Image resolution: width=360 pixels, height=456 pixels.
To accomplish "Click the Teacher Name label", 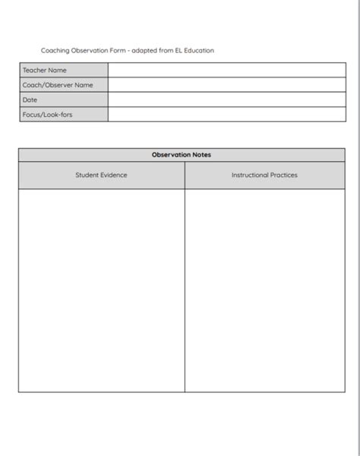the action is (x=45, y=71).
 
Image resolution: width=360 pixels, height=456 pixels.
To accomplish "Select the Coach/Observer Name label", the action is (x=58, y=85).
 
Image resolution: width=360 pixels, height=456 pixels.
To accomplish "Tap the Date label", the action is (x=30, y=100).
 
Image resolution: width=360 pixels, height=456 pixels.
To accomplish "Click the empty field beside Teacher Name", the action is (x=226, y=71).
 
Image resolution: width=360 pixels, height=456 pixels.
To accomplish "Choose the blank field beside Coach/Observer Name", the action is (x=226, y=85).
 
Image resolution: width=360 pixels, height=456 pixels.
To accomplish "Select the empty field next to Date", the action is (x=226, y=100).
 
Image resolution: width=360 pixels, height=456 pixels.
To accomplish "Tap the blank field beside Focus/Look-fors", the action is (x=226, y=115).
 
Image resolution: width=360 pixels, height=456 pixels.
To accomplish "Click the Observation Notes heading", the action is (x=182, y=155).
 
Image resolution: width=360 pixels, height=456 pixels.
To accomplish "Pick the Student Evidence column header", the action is (x=101, y=176).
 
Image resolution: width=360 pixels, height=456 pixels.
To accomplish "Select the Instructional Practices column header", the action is (x=264, y=176).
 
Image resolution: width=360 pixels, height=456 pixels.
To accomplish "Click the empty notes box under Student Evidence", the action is (x=101, y=290).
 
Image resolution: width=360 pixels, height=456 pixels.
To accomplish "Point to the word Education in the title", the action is (x=199, y=51).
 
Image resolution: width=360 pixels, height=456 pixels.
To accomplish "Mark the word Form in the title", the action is (x=117, y=51).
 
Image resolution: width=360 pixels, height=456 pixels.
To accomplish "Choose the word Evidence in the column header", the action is (x=113, y=176).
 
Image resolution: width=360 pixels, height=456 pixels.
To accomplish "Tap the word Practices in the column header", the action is (x=283, y=176).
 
